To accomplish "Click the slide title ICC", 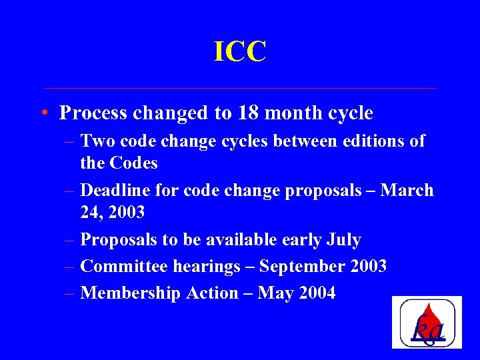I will [x=240, y=52].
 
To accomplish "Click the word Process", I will [x=93, y=113].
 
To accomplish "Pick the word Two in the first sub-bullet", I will [x=96, y=142].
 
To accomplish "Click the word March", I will [x=407, y=191].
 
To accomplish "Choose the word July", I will [x=345, y=240].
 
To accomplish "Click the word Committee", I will [x=124, y=267].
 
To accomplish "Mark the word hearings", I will [x=206, y=267].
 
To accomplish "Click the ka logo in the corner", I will [x=427, y=322].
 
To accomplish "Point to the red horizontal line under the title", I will [x=240, y=88].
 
